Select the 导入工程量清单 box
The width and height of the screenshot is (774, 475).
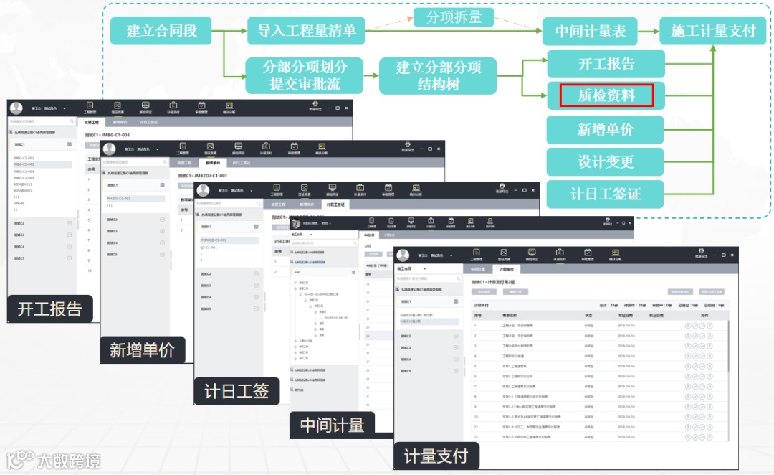click(x=306, y=31)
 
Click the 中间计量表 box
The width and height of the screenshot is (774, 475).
click(x=591, y=31)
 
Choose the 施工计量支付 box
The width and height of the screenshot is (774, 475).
click(x=713, y=31)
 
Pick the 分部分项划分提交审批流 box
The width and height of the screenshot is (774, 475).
click(x=305, y=75)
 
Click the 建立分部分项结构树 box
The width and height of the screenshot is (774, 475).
click(x=439, y=75)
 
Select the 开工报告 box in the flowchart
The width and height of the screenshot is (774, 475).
click(x=606, y=64)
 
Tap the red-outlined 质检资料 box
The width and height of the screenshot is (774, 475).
click(x=606, y=95)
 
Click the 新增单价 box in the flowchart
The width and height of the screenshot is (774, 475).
click(x=606, y=130)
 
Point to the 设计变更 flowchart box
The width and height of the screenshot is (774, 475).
click(x=606, y=162)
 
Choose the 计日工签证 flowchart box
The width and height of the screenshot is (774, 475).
click(x=606, y=194)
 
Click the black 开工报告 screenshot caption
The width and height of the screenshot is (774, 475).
click(x=50, y=309)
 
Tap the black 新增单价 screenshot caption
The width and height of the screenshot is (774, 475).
click(x=142, y=350)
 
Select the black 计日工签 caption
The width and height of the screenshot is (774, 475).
click(x=236, y=391)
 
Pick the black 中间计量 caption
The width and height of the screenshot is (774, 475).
click(x=332, y=424)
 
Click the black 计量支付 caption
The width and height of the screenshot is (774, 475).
click(x=436, y=456)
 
